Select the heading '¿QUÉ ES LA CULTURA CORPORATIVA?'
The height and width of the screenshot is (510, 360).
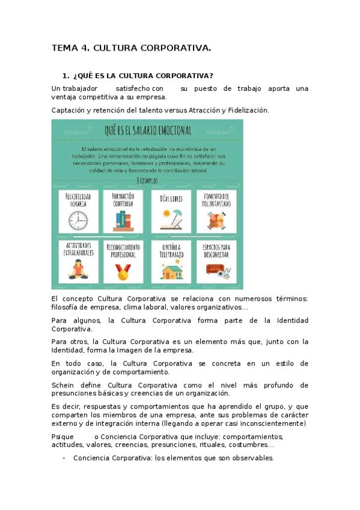(142, 76)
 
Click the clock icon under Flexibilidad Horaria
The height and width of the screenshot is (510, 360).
(78, 221)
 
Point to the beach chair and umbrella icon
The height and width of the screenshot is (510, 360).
(170, 220)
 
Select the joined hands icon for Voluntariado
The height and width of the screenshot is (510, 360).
(216, 221)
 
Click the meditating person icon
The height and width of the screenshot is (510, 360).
(78, 271)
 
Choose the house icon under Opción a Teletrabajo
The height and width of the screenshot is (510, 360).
(170, 271)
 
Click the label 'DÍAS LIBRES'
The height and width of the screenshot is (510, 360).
(171, 199)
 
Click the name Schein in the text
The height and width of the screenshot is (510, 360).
(63, 385)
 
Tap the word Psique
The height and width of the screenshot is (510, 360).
(63, 437)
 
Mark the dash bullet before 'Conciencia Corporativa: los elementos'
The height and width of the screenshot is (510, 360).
(64, 458)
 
